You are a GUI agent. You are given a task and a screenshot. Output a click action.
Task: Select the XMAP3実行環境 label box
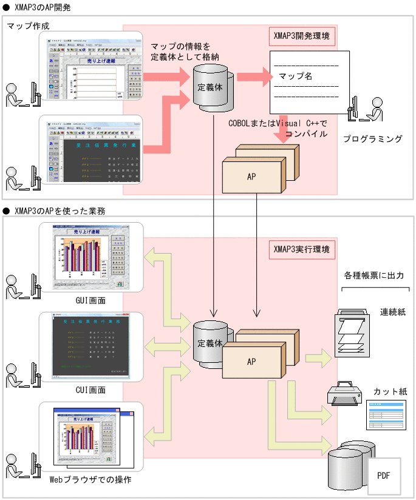point(302,249)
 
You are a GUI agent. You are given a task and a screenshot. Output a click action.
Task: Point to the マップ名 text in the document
point(295,77)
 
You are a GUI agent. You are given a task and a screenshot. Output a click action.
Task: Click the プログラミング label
point(373,139)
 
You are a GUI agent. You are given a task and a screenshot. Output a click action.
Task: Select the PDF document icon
point(384,476)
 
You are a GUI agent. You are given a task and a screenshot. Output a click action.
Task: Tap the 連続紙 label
point(392,311)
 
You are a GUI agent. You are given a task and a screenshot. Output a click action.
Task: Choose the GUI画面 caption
point(90,299)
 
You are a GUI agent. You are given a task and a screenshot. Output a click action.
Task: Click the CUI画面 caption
point(90,390)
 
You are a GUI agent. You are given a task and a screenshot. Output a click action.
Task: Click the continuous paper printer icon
point(352,332)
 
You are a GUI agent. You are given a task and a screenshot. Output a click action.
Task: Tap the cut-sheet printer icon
point(344,394)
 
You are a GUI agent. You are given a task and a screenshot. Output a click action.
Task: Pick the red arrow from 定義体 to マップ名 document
point(254,77)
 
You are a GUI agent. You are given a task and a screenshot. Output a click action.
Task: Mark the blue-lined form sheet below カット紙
point(385,414)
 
